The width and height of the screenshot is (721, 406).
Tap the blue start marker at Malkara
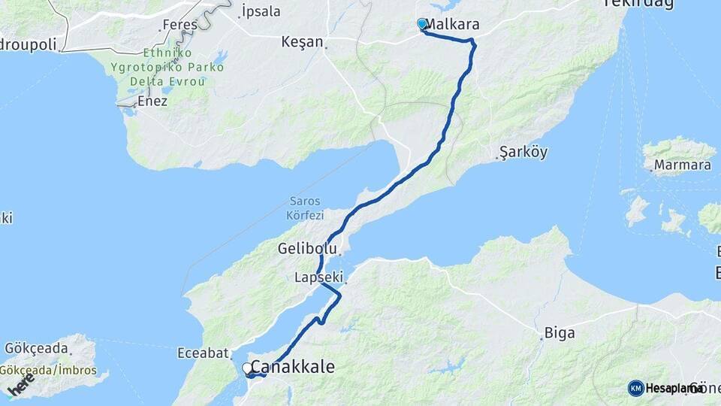pos(422,24)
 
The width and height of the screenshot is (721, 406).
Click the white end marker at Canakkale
pos(247,368)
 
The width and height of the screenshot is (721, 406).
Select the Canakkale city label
pos(293,367)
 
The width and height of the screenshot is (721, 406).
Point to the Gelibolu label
pos(305,247)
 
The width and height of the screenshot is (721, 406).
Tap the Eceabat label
pos(200,352)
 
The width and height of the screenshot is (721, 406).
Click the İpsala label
pos(261,11)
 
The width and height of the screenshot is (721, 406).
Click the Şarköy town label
pos(524,152)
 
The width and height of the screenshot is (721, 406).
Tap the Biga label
pos(554,331)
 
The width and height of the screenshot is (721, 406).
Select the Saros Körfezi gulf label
pos(305,208)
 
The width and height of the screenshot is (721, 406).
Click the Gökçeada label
pos(36,349)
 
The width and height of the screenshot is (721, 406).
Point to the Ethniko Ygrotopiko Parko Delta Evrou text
pos(168,67)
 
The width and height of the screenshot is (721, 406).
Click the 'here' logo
pos(20,385)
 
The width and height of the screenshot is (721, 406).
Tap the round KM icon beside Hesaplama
pos(636,388)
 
